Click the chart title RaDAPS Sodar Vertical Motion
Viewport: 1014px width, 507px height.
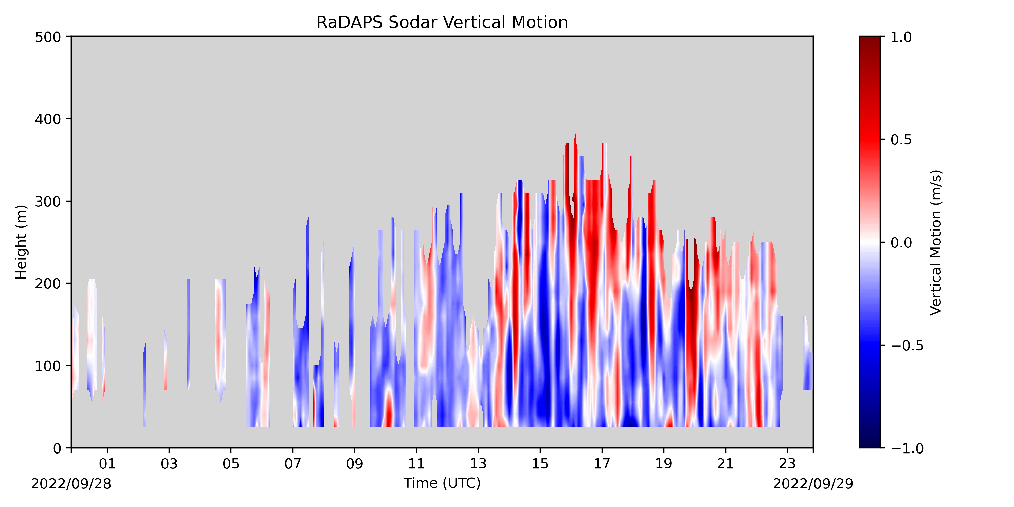pos(442,23)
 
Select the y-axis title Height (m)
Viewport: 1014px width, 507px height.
pos(21,242)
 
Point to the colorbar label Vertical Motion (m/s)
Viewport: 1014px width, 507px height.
pos(936,242)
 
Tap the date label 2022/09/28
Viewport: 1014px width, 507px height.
pos(71,484)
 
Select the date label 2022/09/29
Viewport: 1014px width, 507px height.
pos(813,484)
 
